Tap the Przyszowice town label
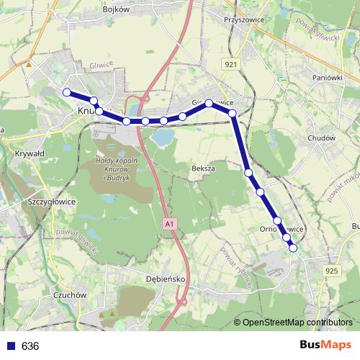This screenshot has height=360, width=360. point(242,20)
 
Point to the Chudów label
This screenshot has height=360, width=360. point(321,138)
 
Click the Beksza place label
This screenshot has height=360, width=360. point(204,167)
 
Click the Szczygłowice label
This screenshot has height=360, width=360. point(50,202)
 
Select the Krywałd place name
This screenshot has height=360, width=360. point(30,153)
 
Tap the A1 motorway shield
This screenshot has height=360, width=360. point(168,225)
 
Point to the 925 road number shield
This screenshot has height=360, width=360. point(331,270)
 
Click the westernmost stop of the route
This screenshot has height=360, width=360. point(67,92)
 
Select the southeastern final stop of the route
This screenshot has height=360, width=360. point(293,248)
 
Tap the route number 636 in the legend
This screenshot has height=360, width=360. point(30,346)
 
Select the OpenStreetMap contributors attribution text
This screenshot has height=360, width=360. point(297,323)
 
